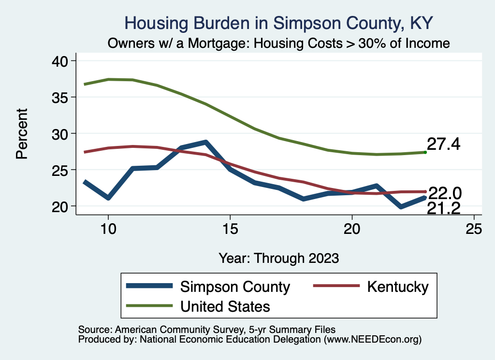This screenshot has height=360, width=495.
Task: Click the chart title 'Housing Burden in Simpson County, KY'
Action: point(279,23)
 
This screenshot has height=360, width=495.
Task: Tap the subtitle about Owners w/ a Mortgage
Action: point(279,43)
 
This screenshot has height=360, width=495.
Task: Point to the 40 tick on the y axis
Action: point(62,61)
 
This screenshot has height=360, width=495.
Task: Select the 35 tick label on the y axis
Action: point(62,97)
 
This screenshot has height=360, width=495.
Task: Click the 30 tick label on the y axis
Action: point(62,133)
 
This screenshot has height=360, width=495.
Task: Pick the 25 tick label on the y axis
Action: point(62,170)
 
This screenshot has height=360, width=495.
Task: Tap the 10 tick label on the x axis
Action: point(108,229)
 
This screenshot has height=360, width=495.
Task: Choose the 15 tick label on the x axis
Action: point(230,229)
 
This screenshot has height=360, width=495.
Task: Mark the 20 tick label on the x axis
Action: point(352,229)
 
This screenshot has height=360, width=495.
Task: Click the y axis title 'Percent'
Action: point(21,133)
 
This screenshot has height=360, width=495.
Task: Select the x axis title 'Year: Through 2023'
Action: point(279,258)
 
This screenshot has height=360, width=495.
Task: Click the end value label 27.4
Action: point(443,144)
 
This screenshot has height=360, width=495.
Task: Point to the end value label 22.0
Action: point(445,194)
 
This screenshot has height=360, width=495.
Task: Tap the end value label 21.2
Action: point(443,208)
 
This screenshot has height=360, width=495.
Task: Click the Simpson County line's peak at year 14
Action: point(206,143)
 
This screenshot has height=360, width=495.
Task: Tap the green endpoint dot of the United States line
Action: point(425,152)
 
